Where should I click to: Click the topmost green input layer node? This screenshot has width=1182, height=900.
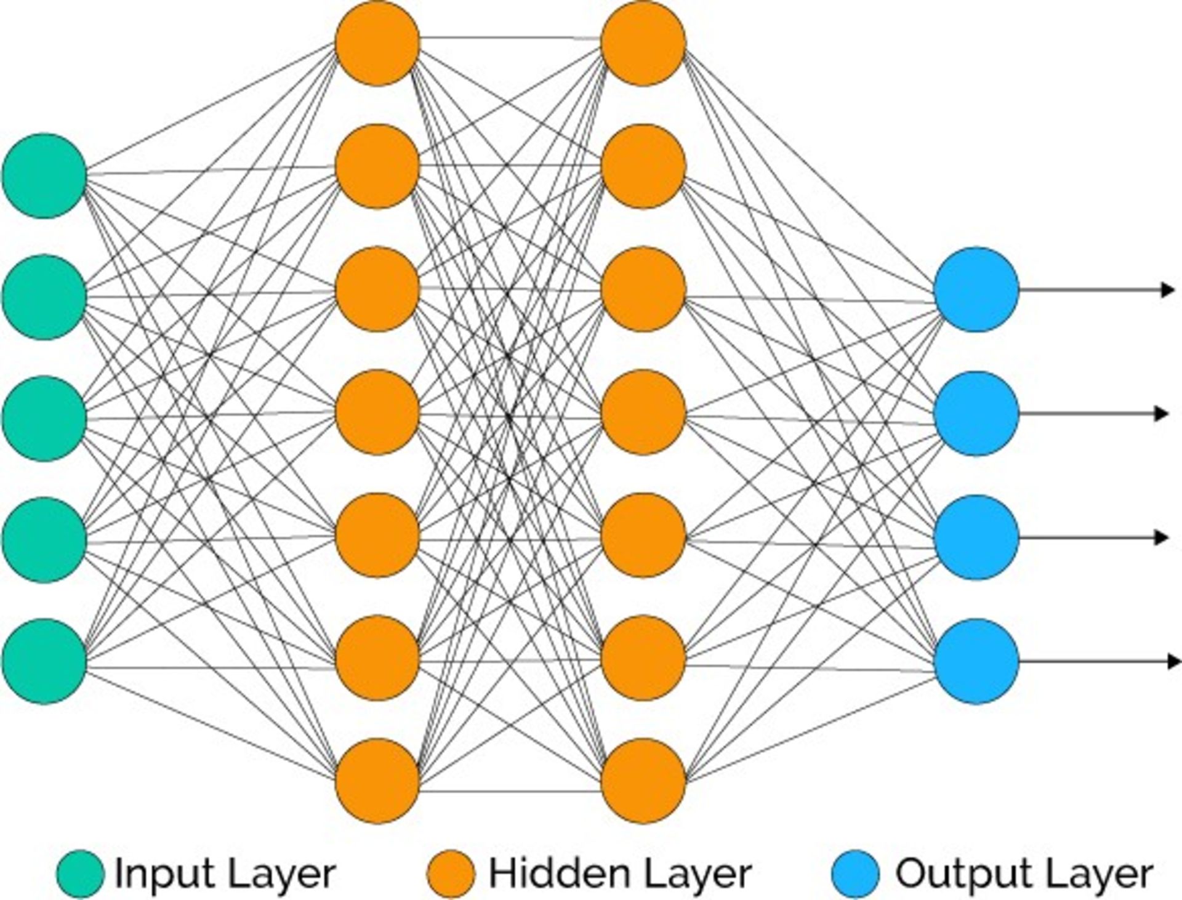[x=44, y=176]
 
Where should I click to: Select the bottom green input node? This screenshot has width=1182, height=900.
[x=44, y=661]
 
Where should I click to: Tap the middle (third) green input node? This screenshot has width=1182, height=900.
[x=44, y=419]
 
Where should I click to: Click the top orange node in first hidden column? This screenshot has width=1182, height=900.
[x=377, y=43]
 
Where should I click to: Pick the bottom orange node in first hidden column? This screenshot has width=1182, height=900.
[x=377, y=781]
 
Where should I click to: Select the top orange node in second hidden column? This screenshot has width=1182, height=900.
[x=643, y=43]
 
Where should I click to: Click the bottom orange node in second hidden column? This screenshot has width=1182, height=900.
[x=643, y=781]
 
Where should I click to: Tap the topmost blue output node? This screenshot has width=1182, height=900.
[x=976, y=289]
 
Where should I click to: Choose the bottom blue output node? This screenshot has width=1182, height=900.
[x=976, y=661]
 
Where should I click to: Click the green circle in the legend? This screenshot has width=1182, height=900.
[x=81, y=874]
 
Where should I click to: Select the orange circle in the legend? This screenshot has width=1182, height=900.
[x=451, y=874]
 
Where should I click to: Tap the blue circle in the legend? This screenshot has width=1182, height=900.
[x=855, y=874]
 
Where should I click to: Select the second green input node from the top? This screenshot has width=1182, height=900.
[x=44, y=297]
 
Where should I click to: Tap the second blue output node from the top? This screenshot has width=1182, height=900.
[x=976, y=414]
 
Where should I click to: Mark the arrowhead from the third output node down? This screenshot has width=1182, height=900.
[x=1162, y=537]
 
